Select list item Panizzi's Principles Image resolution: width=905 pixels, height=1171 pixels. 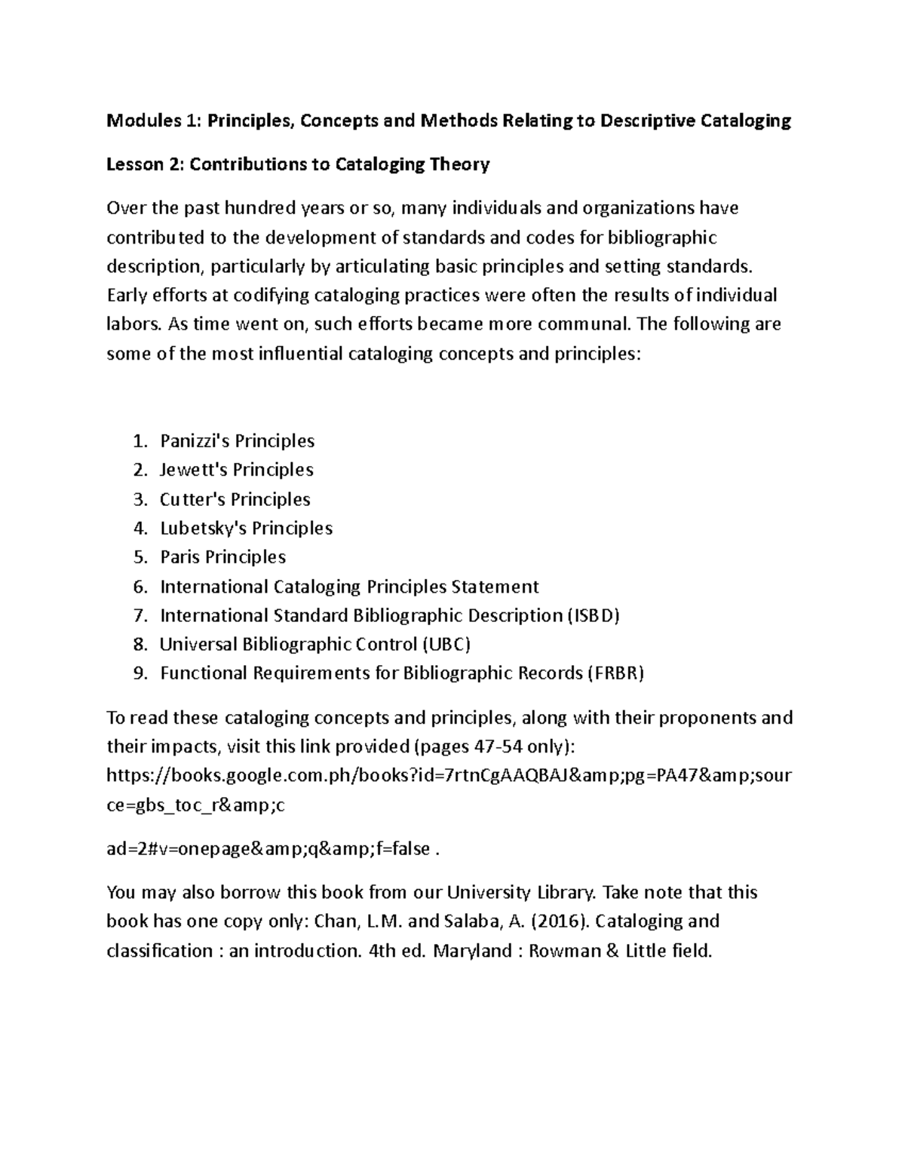[237, 440]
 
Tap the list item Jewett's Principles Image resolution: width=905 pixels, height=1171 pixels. [236, 470]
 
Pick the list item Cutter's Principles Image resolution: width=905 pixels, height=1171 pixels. [235, 499]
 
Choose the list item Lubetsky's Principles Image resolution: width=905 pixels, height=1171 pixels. [246, 528]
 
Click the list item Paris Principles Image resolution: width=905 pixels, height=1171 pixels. [222, 557]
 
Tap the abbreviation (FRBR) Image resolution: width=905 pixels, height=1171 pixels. [615, 673]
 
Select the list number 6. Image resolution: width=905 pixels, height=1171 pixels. [139, 587]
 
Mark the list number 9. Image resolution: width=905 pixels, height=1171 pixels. [139, 673]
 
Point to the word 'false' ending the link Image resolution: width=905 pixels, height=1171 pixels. [410, 849]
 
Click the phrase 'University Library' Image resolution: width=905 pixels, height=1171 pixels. [522, 893]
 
